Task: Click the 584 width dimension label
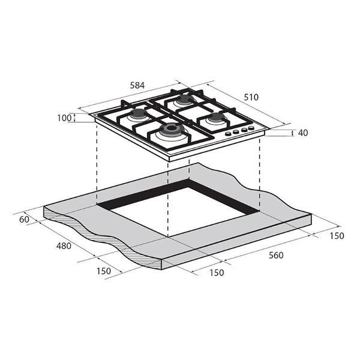pyautogui.click(x=137, y=85)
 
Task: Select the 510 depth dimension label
pyautogui.click(x=251, y=97)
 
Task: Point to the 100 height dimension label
pyautogui.click(x=64, y=118)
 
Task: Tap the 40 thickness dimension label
pyautogui.click(x=303, y=133)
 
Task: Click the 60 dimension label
pyautogui.click(x=24, y=220)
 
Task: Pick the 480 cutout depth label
pyautogui.click(x=64, y=246)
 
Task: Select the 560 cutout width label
pyautogui.click(x=276, y=256)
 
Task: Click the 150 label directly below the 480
pyautogui.click(x=104, y=271)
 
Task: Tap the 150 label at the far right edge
pyautogui.click(x=337, y=236)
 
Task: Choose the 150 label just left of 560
pyautogui.click(x=217, y=273)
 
